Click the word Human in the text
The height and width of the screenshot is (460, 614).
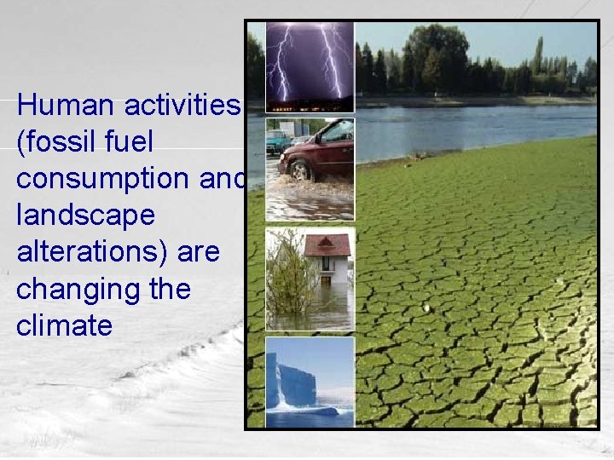pos(67,106)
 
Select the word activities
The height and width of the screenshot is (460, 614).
pos(183,106)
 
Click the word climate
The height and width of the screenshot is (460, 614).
pos(64,326)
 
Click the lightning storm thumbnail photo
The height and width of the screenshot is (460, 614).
pos(310,66)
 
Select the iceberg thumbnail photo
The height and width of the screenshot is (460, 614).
pos(310,382)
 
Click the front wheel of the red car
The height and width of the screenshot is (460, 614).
pos(298,171)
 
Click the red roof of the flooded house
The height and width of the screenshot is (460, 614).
pos(327,245)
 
